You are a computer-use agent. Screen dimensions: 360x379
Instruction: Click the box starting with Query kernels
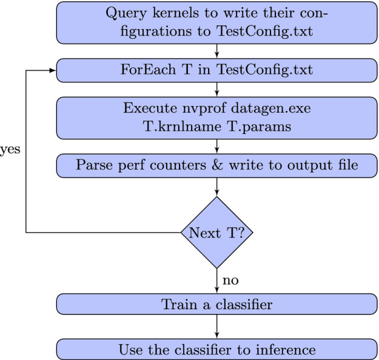pos(217,23)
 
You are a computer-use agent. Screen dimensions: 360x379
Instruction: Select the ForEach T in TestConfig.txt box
pos(217,70)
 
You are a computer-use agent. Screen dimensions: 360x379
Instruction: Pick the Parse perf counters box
pos(217,165)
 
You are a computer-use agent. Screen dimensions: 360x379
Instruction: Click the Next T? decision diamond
pos(217,232)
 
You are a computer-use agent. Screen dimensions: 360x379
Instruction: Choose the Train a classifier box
pos(217,304)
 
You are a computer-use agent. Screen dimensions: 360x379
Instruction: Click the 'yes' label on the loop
pos(9,150)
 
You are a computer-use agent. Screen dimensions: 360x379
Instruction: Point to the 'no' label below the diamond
pos(230,281)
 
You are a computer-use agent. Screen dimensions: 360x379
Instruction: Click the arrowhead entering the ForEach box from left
pos(53,70)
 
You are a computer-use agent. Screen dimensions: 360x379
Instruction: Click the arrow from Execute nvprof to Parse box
pos(217,147)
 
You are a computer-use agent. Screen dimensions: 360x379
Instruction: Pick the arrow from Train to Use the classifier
pos(217,327)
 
